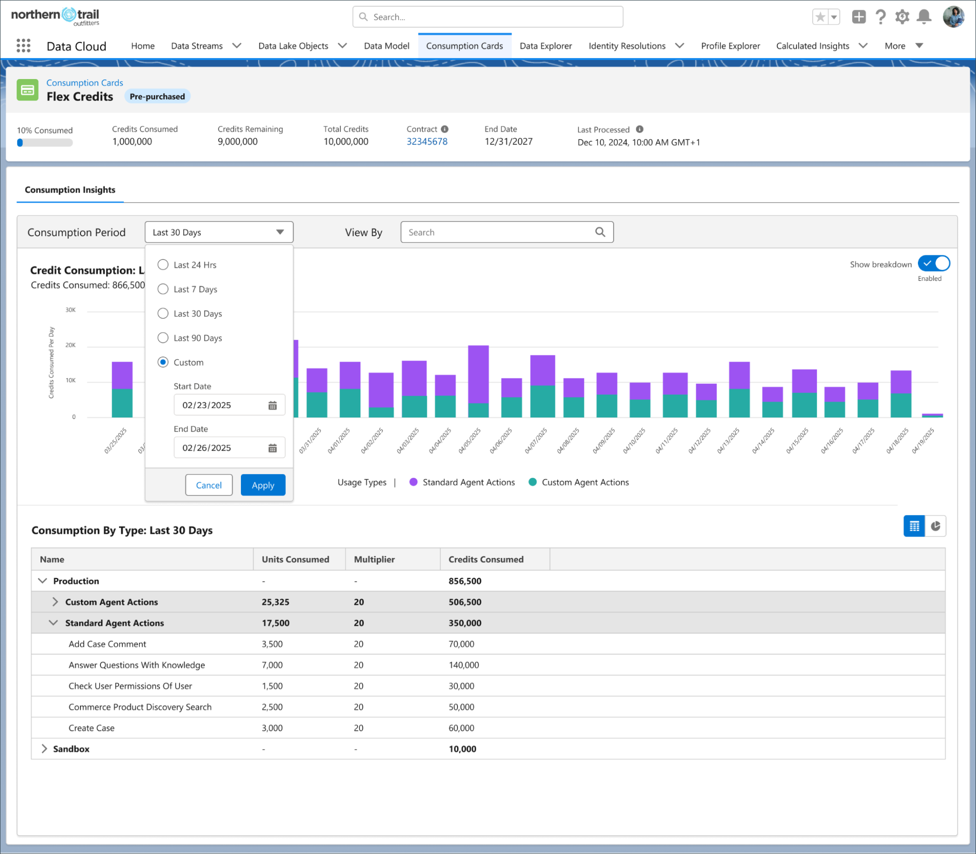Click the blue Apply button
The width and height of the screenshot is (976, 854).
pyautogui.click(x=263, y=485)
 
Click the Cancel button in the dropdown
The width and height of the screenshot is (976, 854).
pyautogui.click(x=209, y=485)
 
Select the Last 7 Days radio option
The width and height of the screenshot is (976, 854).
pyautogui.click(x=163, y=289)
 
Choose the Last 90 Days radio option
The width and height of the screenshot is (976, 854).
pyautogui.click(x=163, y=338)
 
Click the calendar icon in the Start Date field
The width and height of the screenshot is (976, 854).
pyautogui.click(x=273, y=405)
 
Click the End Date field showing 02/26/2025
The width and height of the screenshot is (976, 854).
pyautogui.click(x=222, y=448)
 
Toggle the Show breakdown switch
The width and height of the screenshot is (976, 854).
pyautogui.click(x=934, y=263)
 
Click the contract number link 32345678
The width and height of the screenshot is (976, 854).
pyautogui.click(x=427, y=141)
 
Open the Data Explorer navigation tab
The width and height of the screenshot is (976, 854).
pyautogui.click(x=545, y=46)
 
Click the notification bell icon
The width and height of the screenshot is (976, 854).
pyautogui.click(x=924, y=17)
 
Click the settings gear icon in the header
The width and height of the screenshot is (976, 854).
pyautogui.click(x=902, y=17)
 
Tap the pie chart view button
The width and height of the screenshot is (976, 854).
pyautogui.click(x=936, y=526)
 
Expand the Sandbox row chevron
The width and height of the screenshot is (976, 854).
pyautogui.click(x=44, y=749)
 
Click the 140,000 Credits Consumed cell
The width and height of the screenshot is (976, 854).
pyautogui.click(x=463, y=665)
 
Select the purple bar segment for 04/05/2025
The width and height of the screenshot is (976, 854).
pyautogui.click(x=478, y=374)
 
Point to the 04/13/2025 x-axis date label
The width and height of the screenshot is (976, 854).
pyautogui.click(x=728, y=440)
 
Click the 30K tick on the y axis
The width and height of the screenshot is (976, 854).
pyautogui.click(x=71, y=310)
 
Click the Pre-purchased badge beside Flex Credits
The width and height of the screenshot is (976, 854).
pyautogui.click(x=157, y=97)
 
